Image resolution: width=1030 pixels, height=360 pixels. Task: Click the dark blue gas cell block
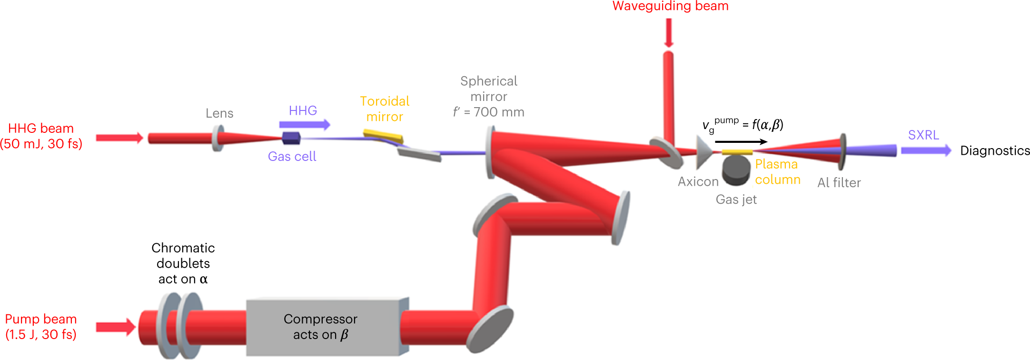tap(291, 138)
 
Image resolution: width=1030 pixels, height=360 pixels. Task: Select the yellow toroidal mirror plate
tap(383, 136)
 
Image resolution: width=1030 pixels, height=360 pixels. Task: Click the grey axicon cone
tap(703, 152)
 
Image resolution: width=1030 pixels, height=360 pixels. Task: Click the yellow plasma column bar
tap(737, 152)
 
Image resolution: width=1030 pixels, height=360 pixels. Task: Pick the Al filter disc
tap(842, 151)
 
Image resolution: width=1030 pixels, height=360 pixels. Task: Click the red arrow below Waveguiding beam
tap(669, 32)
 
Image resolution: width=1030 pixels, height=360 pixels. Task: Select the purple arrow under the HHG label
tap(305, 125)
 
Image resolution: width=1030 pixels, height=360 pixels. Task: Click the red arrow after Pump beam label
tap(116, 327)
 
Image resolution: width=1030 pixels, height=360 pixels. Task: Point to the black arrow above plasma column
tap(741, 141)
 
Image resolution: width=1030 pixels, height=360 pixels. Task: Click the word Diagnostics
tap(995, 150)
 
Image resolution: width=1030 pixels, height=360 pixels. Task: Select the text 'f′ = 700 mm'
tap(488, 112)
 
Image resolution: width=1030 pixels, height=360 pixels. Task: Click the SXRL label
tap(923, 135)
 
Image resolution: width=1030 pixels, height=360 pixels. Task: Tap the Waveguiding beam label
tap(670, 6)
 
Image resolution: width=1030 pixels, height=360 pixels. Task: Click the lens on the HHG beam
tap(218, 138)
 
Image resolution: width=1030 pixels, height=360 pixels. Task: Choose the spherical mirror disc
tap(490, 152)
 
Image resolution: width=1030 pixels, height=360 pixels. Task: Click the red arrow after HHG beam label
tap(119, 138)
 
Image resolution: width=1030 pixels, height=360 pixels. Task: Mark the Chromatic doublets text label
tap(183, 263)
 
